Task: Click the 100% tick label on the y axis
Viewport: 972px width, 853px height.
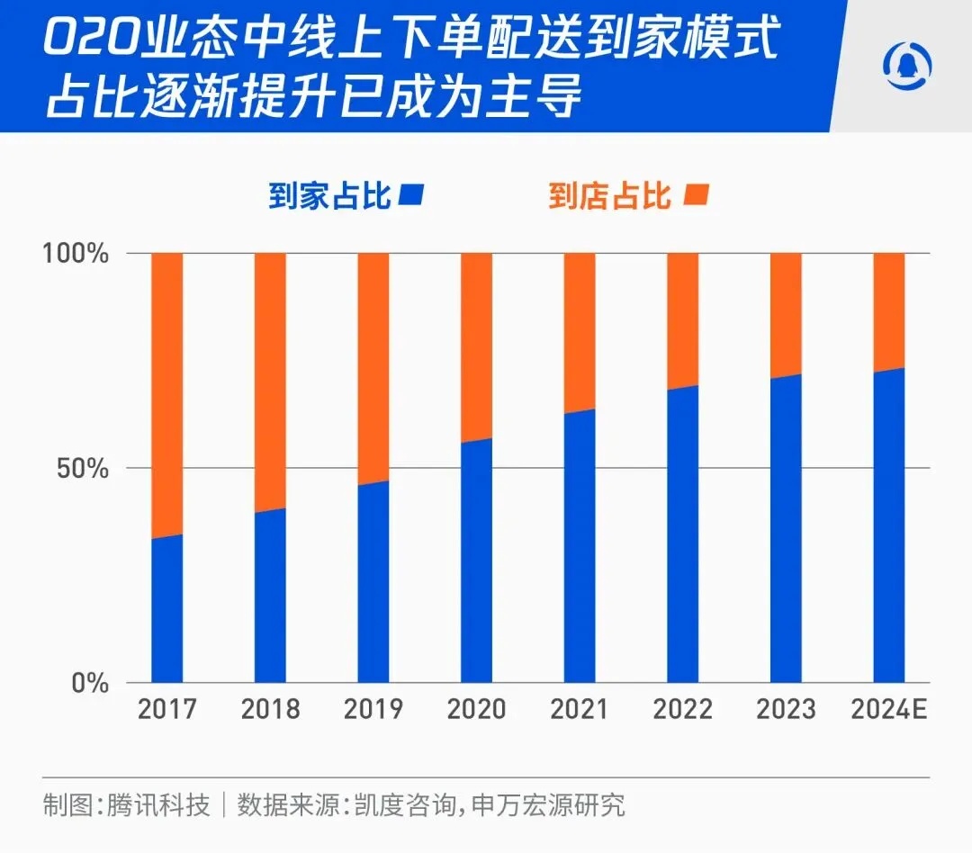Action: pos(76,254)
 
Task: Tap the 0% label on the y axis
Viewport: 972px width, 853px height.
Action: pos(91,683)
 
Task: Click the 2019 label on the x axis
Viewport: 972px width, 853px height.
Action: pos(373,710)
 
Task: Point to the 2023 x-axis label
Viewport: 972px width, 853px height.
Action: pos(786,710)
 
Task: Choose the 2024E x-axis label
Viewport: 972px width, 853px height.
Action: pos(889,710)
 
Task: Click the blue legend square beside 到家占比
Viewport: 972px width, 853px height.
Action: pos(412,194)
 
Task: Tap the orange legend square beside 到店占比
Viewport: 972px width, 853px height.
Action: pos(697,194)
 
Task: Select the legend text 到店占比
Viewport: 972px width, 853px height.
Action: pos(611,195)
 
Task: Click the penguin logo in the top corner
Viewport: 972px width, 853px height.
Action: pos(907,67)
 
